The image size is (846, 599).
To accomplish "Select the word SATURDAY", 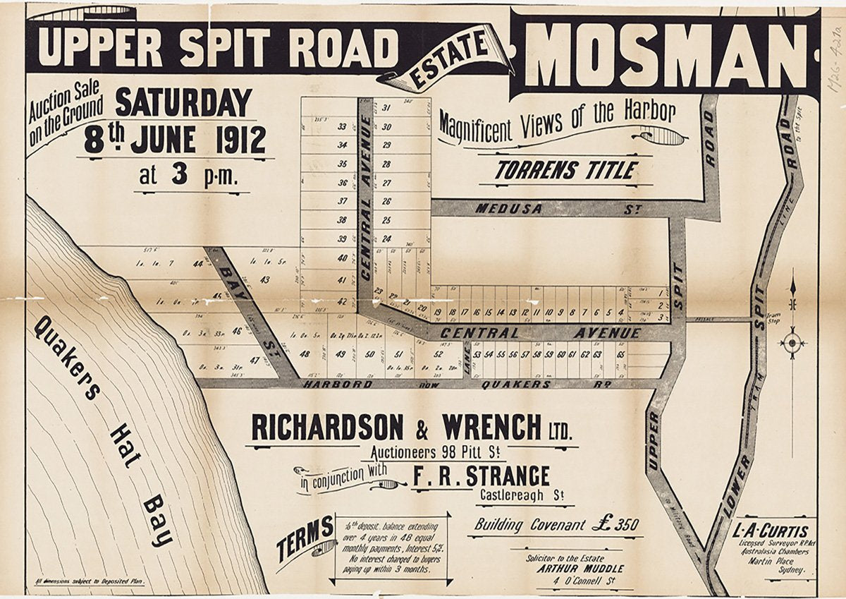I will coord(183,103).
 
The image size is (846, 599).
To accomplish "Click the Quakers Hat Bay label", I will coord(102,430).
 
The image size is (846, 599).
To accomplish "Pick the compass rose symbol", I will coord(792,344).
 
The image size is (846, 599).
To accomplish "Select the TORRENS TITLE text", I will coord(565,171).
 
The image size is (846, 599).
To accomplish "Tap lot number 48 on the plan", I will coord(304,354).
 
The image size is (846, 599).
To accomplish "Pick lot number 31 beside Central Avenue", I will coord(386,108).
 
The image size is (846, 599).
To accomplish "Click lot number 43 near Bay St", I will coord(265,279).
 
